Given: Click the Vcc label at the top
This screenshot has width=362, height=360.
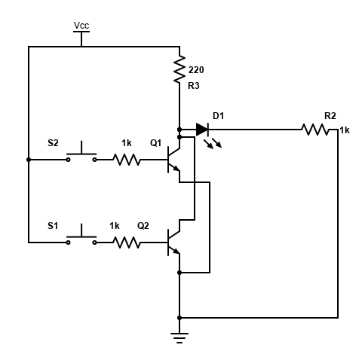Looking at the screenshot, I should tap(81, 26).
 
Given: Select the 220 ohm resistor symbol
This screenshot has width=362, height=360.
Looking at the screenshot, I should tap(179, 69).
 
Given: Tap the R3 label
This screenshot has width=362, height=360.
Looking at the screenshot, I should tap(194, 86).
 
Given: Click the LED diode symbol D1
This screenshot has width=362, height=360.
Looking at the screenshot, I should tap(201, 130).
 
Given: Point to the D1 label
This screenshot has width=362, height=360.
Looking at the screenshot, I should tap(219, 115).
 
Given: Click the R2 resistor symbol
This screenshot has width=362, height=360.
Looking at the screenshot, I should tap(317, 130).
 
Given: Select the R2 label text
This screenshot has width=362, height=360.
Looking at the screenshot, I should tap(330, 115).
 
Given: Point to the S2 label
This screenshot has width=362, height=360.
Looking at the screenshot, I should tap(53, 142).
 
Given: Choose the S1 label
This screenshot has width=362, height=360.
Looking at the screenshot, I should tap(53, 225).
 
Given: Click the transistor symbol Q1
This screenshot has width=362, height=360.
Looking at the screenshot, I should tap(173, 160).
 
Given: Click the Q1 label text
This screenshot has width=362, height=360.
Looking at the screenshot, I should tap(156, 142).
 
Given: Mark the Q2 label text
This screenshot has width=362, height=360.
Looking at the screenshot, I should tap(143, 225).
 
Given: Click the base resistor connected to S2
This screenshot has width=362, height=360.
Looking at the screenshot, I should tap(127, 160).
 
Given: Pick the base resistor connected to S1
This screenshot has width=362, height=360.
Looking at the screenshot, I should tap(127, 243).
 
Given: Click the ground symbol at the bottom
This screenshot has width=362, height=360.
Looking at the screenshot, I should tap(179, 336).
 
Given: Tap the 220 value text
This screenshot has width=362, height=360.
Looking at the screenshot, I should tap(195, 70).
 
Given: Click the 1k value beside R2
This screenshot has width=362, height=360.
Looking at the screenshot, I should tap(345, 130).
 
